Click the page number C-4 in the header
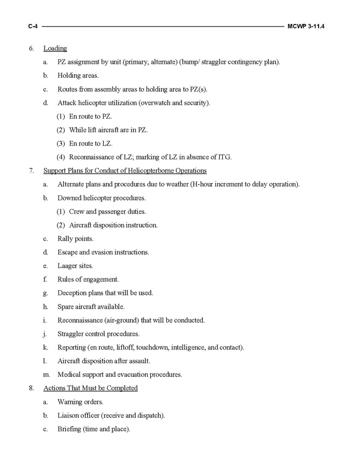34,25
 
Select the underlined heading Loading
55,49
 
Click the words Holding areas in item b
78,76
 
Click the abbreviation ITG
224,157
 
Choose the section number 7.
32,171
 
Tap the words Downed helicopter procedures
102,197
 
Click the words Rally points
76,238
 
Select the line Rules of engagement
88,279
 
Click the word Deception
72,293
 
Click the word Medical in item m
69,374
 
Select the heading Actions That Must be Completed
91,388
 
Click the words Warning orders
80,402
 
